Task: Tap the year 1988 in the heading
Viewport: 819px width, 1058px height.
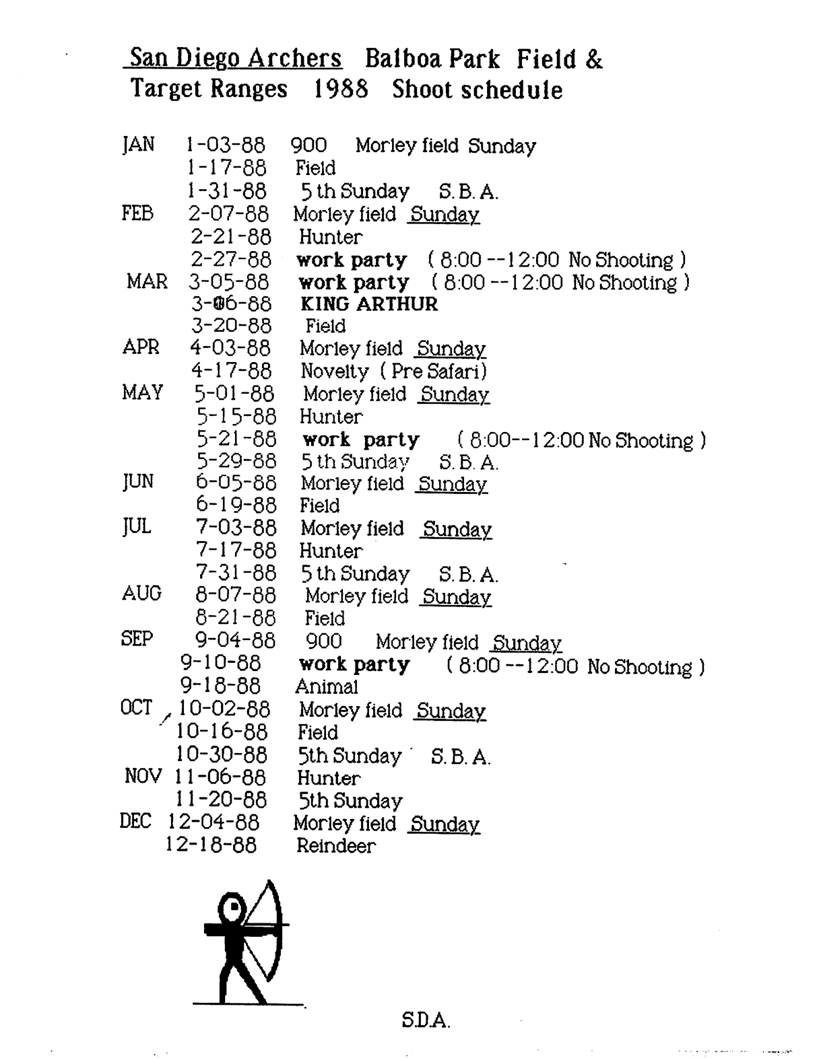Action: tap(341, 89)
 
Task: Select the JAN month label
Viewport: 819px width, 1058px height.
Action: tap(138, 145)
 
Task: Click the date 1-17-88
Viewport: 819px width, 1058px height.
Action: tap(226, 168)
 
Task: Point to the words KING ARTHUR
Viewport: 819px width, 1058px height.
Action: tap(368, 304)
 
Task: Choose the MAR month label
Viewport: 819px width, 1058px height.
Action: tap(147, 281)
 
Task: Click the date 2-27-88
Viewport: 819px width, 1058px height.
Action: tap(230, 259)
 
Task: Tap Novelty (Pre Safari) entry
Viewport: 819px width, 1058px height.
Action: tap(393, 371)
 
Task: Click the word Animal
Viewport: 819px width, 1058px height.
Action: tap(327, 686)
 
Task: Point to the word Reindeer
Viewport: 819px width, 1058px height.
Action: tap(335, 845)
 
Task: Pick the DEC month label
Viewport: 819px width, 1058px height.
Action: tap(135, 822)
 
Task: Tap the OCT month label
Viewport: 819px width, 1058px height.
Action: tap(136, 708)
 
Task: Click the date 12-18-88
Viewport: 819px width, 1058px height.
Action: tap(211, 845)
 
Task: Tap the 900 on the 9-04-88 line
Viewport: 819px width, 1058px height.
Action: tap(323, 641)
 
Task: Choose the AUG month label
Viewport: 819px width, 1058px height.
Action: tap(141, 594)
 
